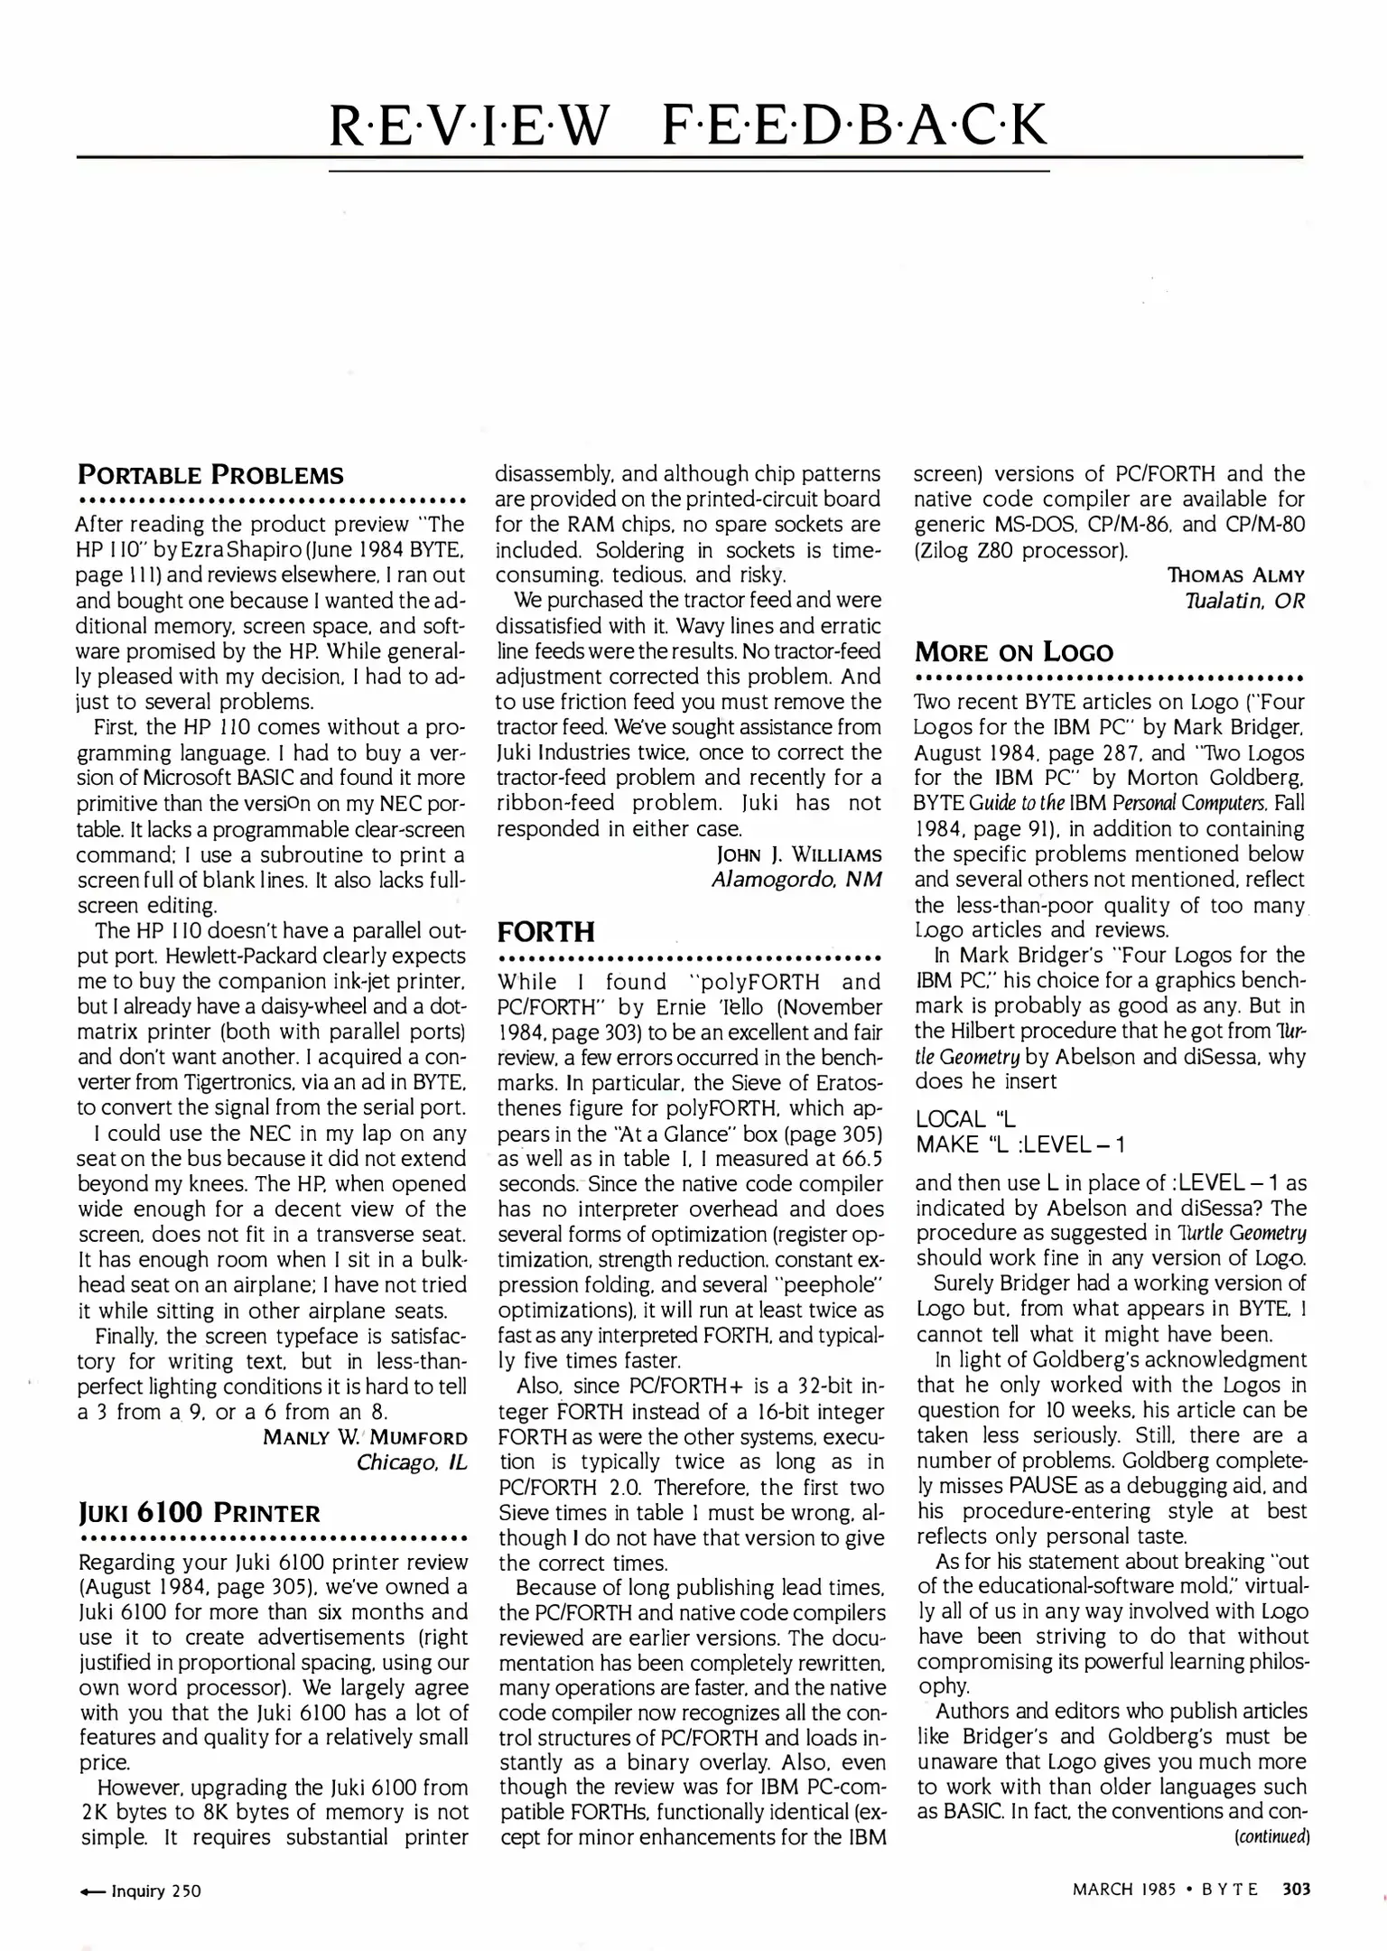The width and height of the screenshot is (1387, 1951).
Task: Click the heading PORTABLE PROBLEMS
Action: pos(210,475)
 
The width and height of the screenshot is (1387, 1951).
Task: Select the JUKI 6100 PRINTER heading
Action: pos(200,1514)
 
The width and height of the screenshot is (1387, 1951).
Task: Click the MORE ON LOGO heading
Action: pos(1014,651)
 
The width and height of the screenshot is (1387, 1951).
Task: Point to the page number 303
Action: pos(1296,1890)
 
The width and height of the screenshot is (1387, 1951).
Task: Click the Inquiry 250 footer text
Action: pos(155,1891)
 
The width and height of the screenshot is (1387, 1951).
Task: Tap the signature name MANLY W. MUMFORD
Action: pos(365,1438)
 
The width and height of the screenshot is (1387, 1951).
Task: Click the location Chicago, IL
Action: pos(412,1462)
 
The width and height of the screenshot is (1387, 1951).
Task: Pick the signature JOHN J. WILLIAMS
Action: pos(798,854)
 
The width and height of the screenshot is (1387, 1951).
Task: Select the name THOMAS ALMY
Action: pos(1236,575)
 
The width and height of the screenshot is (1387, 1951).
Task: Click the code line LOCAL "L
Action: pos(966,1120)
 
